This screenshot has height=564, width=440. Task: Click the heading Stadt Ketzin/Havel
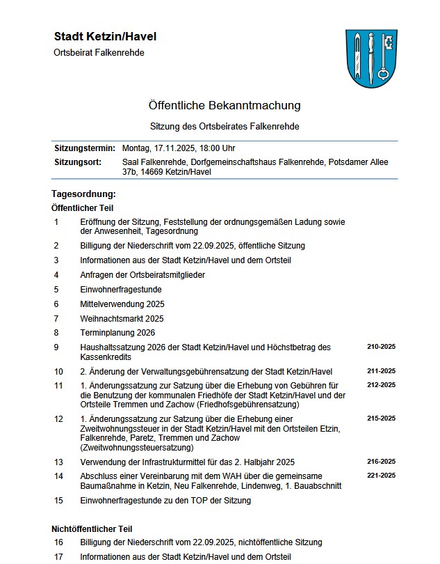(105, 36)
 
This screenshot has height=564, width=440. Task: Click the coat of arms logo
(371, 58)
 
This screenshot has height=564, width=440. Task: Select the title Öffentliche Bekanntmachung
(225, 106)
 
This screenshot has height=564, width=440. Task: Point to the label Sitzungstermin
(85, 148)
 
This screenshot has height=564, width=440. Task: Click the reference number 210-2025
(381, 346)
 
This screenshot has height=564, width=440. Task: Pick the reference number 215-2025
(381, 418)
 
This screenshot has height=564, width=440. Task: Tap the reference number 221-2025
(381, 476)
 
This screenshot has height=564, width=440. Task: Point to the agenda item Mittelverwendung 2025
(122, 304)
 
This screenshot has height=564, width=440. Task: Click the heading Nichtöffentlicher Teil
(92, 529)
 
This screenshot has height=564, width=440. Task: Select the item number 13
(58, 462)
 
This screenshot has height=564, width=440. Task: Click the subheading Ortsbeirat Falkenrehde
(99, 53)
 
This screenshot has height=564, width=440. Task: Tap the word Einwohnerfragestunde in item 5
(121, 289)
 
